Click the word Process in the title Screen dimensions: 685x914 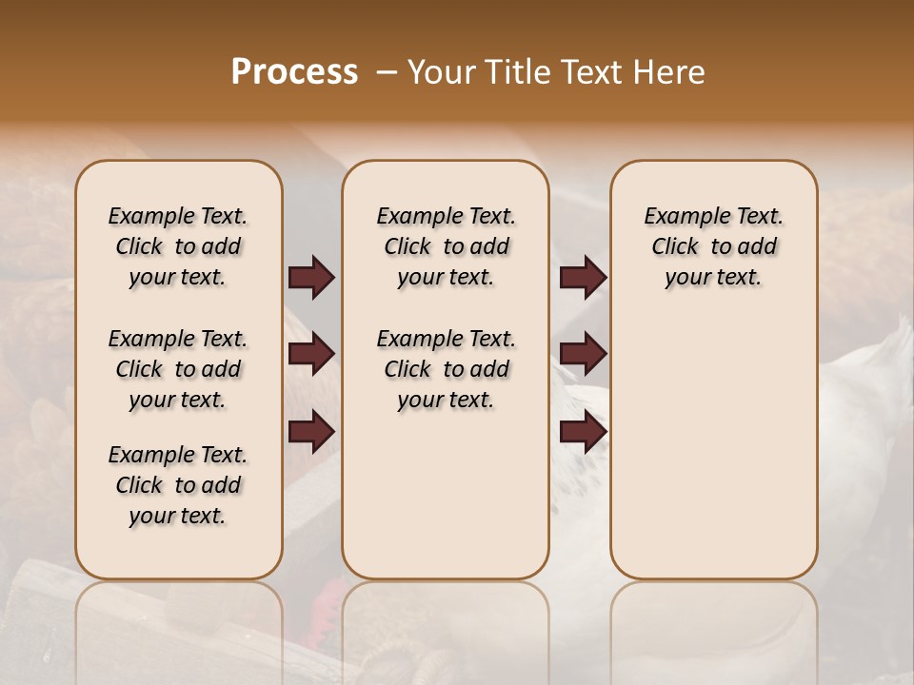(294, 72)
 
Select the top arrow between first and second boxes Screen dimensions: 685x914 (310, 277)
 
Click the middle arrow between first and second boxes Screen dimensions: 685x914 (310, 354)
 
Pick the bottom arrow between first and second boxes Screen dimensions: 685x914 (310, 432)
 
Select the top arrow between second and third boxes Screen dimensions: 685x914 (583, 277)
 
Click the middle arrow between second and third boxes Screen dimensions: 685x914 (583, 354)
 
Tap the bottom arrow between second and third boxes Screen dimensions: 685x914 (583, 432)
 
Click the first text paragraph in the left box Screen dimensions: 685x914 (178, 246)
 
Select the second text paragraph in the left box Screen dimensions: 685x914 (178, 369)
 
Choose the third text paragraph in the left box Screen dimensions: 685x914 (178, 485)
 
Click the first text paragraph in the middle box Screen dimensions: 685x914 (446, 246)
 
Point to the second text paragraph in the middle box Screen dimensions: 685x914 (446, 369)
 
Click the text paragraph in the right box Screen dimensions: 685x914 (713, 246)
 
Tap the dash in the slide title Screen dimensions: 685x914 (387, 72)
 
